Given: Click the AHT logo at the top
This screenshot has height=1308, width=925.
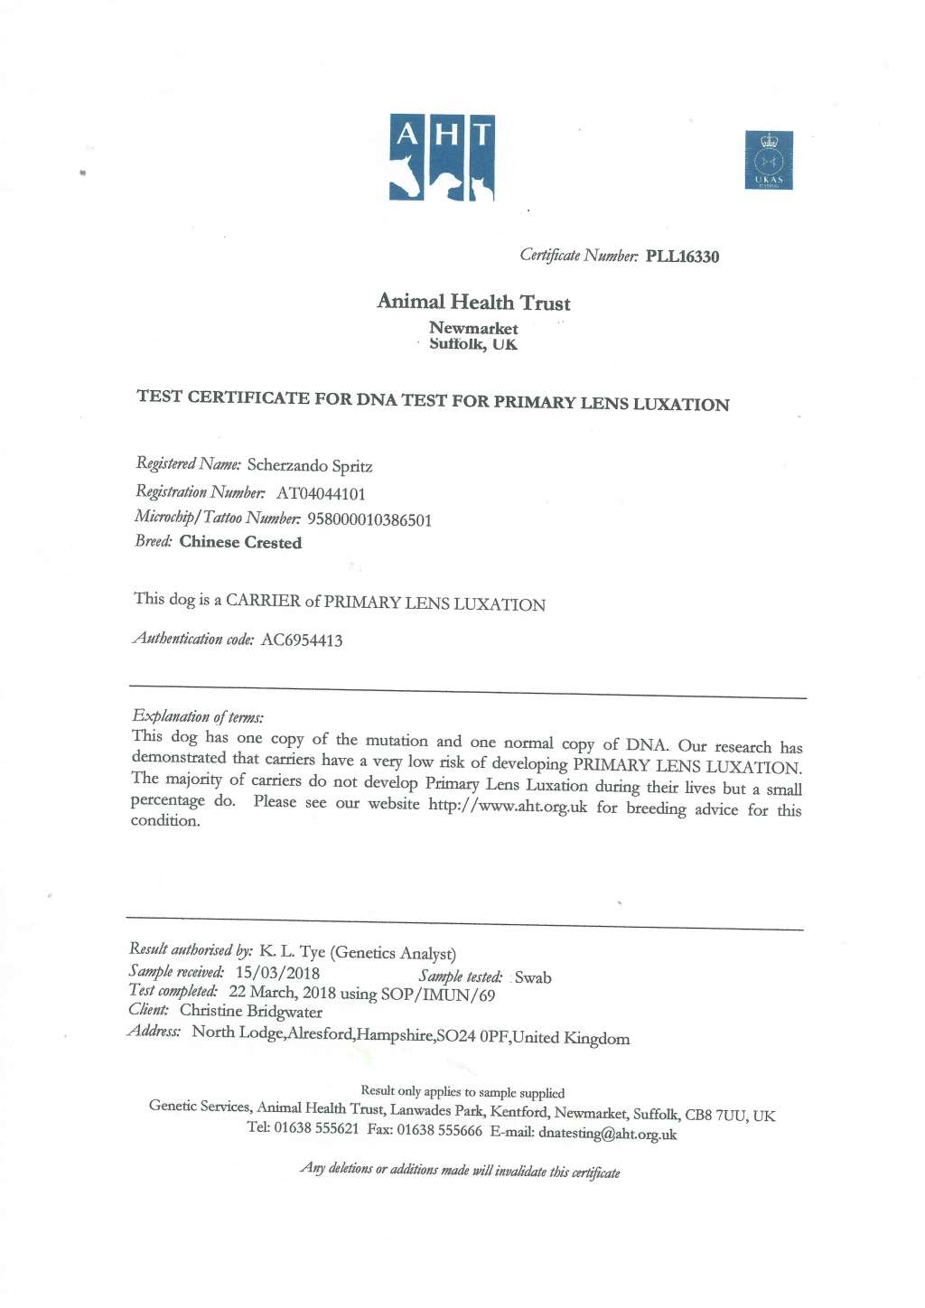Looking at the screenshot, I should [442, 157].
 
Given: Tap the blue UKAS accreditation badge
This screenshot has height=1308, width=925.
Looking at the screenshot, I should [769, 160].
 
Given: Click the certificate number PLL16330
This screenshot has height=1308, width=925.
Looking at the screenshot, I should [682, 257].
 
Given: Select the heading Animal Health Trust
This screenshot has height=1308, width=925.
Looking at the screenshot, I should [473, 302].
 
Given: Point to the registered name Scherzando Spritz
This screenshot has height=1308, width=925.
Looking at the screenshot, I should [310, 466].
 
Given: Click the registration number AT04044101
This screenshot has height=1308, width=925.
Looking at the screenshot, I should [321, 493].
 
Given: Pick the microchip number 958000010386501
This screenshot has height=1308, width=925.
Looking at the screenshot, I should [369, 519].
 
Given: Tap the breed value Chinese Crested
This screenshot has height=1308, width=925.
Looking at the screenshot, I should [240, 542].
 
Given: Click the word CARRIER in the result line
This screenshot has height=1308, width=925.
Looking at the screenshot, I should [263, 601].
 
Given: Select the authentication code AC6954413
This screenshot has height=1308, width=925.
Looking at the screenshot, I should [302, 640].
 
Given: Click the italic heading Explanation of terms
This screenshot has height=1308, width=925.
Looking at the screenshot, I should [198, 717].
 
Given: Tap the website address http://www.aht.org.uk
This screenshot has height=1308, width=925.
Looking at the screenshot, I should [508, 806].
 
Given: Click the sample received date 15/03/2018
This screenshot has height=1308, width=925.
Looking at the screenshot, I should [277, 973].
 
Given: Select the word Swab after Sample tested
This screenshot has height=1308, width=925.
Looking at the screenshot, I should [533, 977].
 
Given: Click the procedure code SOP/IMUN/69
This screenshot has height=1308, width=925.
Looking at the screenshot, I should [438, 995].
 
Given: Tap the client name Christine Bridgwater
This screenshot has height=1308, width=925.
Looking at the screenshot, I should [251, 1012].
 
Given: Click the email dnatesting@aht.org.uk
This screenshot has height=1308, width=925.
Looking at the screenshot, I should [607, 1134].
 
